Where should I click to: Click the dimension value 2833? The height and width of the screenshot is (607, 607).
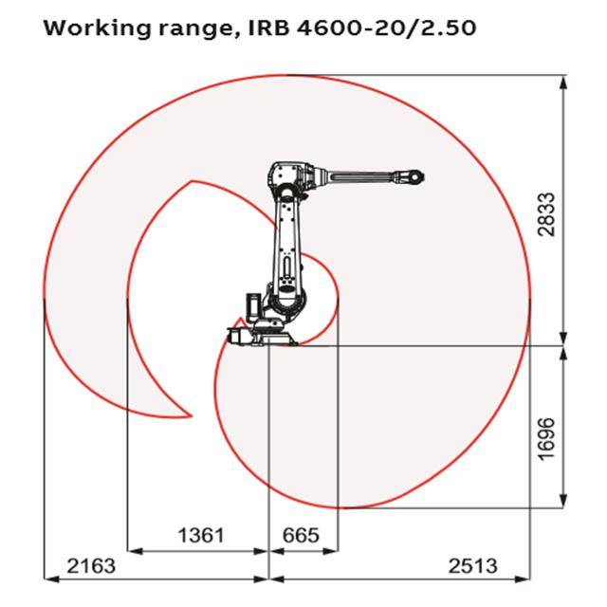pos(546,214)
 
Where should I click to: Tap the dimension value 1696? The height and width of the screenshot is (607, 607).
pos(546,438)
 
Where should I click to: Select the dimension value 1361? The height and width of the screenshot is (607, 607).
pos(201,535)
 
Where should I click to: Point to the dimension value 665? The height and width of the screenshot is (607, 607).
pos(302,535)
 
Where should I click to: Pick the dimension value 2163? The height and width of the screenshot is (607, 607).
pos(91,566)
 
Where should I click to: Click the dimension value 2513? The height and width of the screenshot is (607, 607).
pos(472,566)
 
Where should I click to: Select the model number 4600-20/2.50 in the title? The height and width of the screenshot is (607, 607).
pos(387,28)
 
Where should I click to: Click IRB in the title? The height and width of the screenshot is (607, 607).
pos(268,28)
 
